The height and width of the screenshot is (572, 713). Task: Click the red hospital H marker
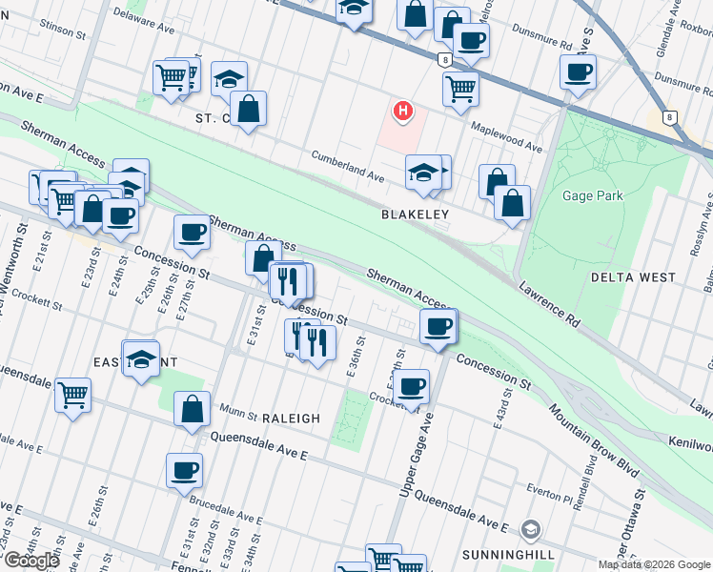point(403,112)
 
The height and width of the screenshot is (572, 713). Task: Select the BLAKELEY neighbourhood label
point(415,215)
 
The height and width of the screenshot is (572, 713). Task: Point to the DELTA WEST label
point(633,277)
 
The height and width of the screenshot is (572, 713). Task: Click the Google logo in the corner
point(31,561)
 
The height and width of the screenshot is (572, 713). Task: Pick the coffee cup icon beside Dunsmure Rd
point(577,71)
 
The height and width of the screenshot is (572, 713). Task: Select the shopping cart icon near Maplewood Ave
point(460,89)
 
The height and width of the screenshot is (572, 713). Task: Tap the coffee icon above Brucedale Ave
point(184,469)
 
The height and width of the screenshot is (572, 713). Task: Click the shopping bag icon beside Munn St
point(192,409)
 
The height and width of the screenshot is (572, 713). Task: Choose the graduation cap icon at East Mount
point(141,358)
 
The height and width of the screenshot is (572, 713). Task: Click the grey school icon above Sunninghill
point(530,530)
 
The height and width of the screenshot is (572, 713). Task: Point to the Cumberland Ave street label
point(348,165)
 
